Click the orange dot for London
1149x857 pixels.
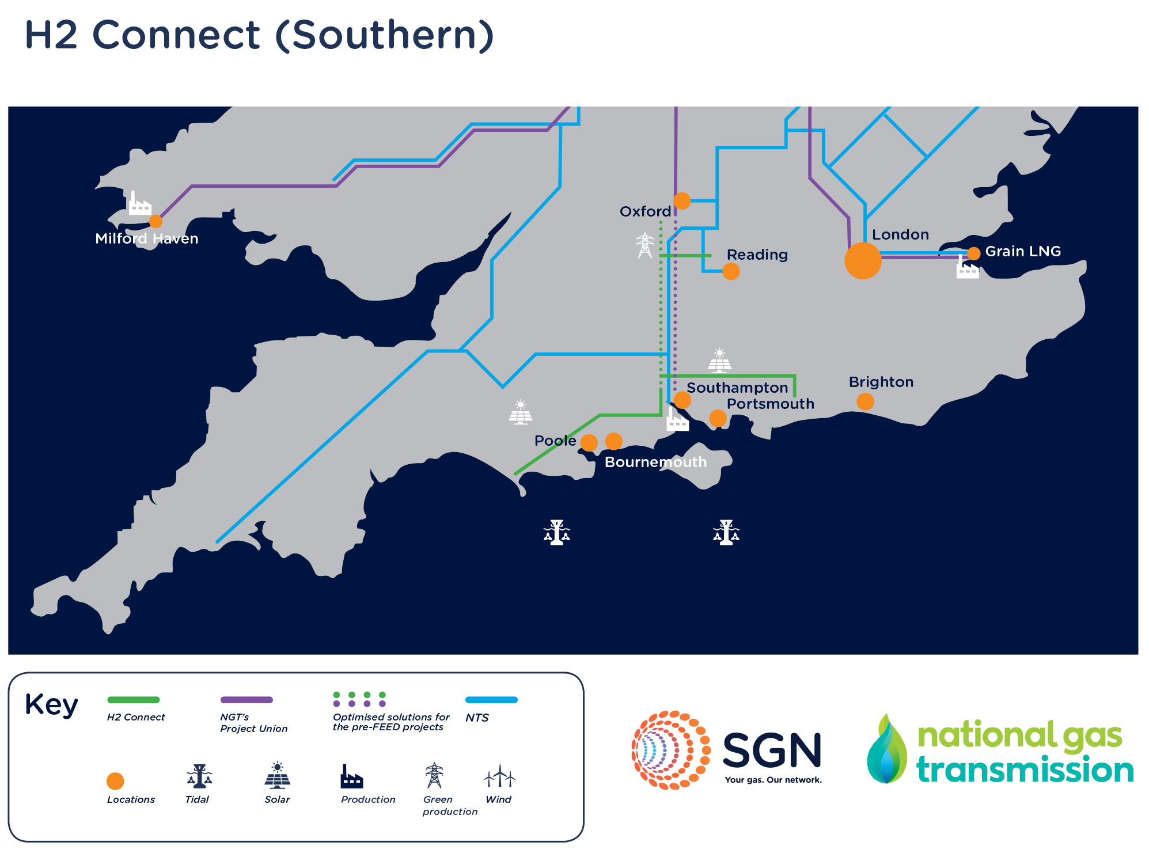(x=862, y=260)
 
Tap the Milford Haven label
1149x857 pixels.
(x=146, y=238)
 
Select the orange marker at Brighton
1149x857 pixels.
(x=864, y=401)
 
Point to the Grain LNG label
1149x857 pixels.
(x=1022, y=251)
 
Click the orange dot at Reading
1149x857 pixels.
(x=731, y=271)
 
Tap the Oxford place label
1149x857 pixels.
(x=645, y=211)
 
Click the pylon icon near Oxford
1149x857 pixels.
(x=644, y=245)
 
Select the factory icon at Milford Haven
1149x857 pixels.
(x=139, y=204)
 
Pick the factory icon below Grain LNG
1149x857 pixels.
(x=967, y=268)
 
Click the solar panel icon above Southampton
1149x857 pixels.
(x=719, y=361)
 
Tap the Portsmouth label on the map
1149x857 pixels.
(x=770, y=404)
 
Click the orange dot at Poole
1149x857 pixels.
(x=589, y=442)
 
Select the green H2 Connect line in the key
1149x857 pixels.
(x=133, y=700)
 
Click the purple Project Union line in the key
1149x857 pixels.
(x=247, y=700)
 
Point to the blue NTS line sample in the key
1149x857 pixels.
(x=491, y=700)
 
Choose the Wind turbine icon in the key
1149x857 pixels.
(x=499, y=776)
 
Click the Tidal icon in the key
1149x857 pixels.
(x=199, y=776)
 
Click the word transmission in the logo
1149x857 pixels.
(x=1025, y=770)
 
